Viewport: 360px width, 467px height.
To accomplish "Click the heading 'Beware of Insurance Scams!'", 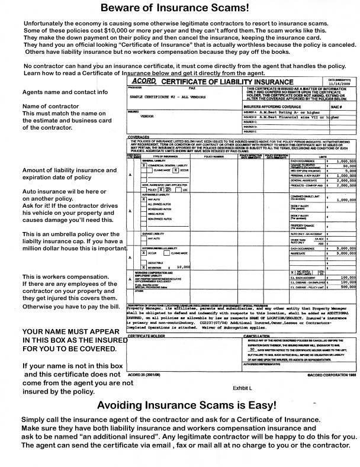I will tap(179, 8).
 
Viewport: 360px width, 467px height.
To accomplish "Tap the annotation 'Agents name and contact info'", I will tap(65, 92).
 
